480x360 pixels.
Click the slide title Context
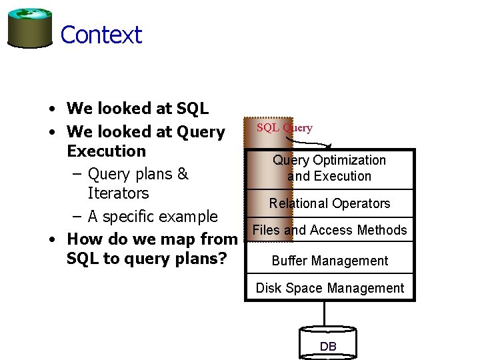pos(101,35)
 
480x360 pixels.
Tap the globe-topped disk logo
pos(30,27)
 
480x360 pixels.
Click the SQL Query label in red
pos(285,127)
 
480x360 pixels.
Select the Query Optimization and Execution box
pos(329,168)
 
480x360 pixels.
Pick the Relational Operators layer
pos(329,203)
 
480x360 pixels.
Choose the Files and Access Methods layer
pos(329,230)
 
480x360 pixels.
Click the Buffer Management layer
pos(329,261)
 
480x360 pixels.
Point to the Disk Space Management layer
pos(329,288)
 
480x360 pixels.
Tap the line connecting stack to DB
pos(325,313)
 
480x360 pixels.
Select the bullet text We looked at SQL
pos(137,108)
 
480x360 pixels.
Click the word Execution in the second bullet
pos(106,151)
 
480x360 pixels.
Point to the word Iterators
pos(118,193)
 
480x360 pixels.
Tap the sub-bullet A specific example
pos(152,216)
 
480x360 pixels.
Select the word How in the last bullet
pos(85,239)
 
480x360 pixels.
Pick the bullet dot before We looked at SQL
pos(51,109)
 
